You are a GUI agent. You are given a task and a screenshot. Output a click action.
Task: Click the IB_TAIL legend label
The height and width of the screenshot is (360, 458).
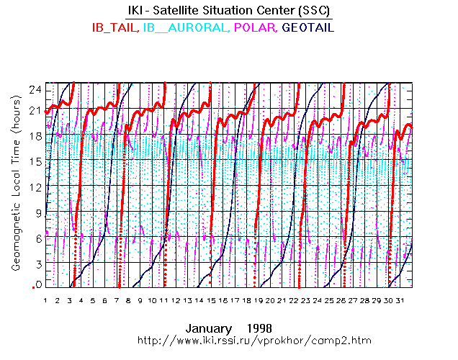tap(115, 27)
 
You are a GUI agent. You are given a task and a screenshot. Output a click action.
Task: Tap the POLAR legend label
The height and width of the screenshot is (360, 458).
tap(257, 27)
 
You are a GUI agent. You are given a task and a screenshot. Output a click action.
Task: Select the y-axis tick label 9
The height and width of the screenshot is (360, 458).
tap(35, 212)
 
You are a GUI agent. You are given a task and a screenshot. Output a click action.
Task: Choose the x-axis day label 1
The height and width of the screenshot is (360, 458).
tap(46, 300)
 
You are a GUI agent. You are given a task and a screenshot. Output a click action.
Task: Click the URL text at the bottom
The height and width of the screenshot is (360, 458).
tap(249, 339)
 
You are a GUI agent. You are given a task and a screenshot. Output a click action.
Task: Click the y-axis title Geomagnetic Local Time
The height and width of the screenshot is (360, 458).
tap(15, 194)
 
